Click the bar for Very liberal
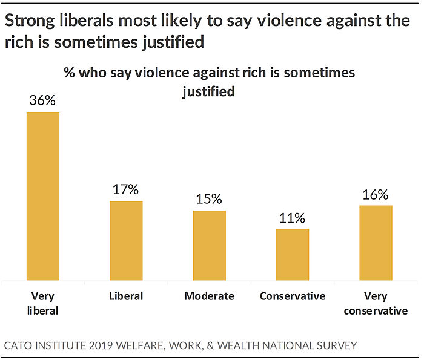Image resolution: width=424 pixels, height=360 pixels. point(42,196)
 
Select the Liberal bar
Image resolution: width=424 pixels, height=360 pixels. point(126,240)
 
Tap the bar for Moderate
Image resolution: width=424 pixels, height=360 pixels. point(210,245)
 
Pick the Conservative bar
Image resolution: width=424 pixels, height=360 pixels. point(293,254)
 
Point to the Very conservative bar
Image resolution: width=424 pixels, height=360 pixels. point(376,243)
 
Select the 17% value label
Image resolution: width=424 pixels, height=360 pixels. point(126,189)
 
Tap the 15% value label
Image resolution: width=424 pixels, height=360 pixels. point(210,199)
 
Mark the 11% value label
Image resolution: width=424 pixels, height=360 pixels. point(293,217)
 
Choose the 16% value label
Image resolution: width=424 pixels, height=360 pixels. point(376,194)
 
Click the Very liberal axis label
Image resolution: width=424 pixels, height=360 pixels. point(42,303)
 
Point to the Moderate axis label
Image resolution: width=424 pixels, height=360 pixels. point(209,296)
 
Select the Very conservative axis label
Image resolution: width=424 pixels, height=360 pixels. point(377,303)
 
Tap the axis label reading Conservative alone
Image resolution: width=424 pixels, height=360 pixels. point(293,296)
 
